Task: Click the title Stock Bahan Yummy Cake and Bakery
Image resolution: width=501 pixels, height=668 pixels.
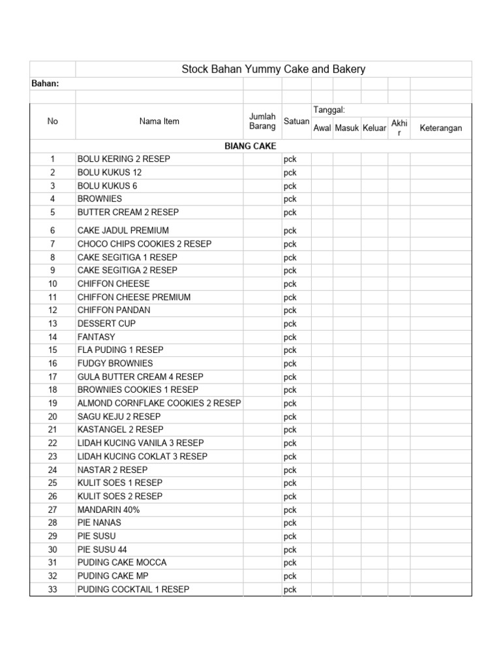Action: [273, 69]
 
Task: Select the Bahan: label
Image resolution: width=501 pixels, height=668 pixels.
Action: [46, 83]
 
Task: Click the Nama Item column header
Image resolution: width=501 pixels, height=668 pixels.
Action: [159, 121]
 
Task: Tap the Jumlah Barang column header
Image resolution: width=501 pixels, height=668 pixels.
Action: [262, 121]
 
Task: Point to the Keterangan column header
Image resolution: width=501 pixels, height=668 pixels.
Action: [440, 128]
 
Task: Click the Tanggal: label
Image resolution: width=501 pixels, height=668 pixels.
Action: [329, 110]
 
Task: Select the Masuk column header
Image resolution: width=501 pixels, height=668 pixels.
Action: [347, 129]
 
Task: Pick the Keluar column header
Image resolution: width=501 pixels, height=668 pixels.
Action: [374, 129]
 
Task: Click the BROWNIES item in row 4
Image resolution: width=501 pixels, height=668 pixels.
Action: [100, 199]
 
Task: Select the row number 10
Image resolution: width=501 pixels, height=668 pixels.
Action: [53, 284]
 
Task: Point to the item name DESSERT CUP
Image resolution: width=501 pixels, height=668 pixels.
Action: [107, 324]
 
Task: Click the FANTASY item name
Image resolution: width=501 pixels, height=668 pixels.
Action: [97, 337]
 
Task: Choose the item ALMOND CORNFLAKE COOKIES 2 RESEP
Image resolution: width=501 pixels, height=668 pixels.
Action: [159, 403]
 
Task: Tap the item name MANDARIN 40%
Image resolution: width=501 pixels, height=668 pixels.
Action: [109, 509]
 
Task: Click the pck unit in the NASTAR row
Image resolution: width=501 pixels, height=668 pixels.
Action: [290, 470]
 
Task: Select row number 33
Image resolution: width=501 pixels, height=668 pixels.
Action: [53, 590]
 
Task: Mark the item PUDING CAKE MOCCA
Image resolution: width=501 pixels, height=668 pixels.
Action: [122, 562]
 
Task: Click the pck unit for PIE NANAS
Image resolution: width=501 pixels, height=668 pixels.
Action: [290, 523]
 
